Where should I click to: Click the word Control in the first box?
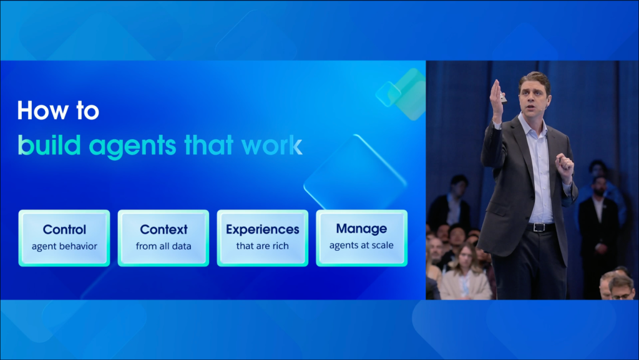[x=64, y=229]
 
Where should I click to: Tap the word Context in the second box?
[x=163, y=229]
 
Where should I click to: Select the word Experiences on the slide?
[x=263, y=229]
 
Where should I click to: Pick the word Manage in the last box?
[x=361, y=229]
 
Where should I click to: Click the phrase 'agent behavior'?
[x=64, y=246]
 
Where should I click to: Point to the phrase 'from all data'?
[x=163, y=246]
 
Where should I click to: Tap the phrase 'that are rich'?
[x=263, y=246]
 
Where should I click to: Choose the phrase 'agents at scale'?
[x=361, y=246]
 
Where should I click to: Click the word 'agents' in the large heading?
[x=132, y=147]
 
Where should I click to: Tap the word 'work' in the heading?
[x=272, y=145]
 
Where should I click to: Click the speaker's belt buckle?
[x=539, y=228]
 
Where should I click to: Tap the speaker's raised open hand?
[x=497, y=98]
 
